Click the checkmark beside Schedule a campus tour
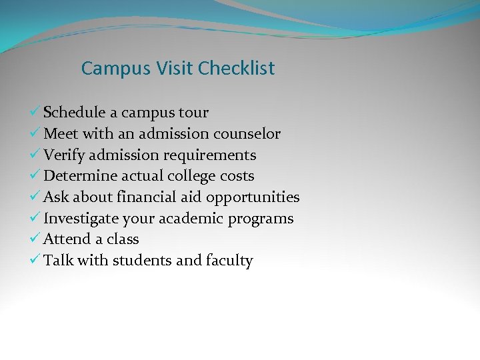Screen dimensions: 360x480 [37, 113]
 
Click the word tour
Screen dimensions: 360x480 [193, 113]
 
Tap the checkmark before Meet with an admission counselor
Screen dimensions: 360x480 [37, 134]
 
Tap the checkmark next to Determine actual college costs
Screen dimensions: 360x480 [37, 176]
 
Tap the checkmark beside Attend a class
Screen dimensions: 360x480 [37, 239]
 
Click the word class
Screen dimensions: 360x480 [122, 239]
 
